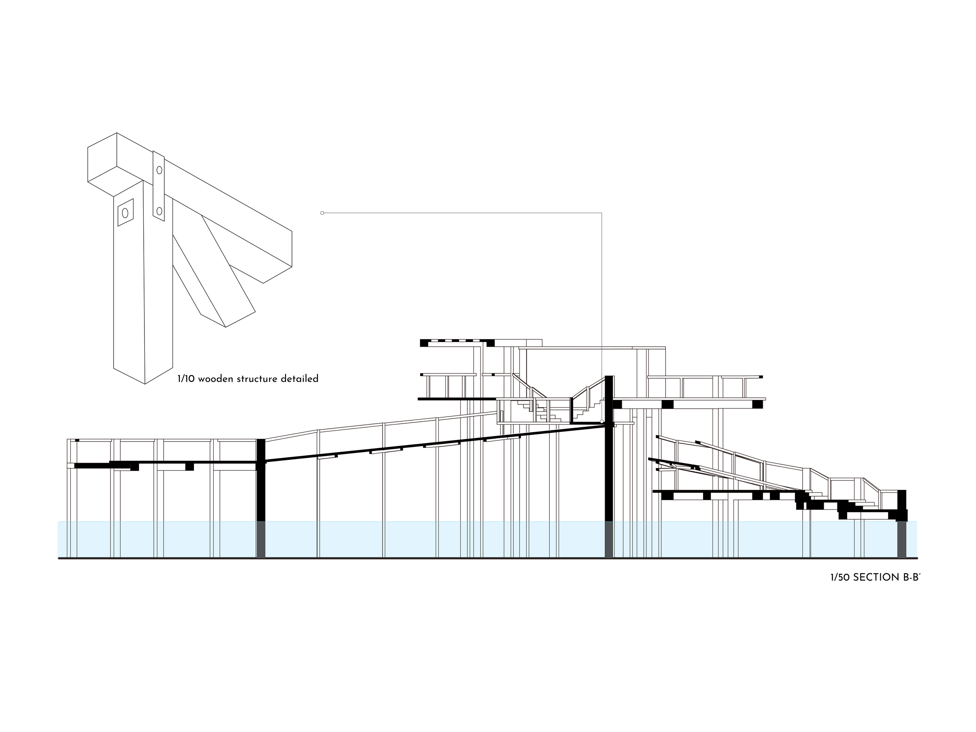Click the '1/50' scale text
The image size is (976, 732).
tap(840, 577)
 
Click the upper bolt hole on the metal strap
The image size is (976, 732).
tap(159, 170)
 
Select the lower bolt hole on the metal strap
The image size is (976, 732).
tap(159, 211)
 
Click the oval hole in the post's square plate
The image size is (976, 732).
tap(125, 213)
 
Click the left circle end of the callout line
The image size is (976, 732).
tap(322, 213)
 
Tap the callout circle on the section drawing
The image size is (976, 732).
tap(602, 421)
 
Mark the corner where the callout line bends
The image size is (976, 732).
tap(602, 213)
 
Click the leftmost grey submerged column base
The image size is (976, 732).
tap(261, 540)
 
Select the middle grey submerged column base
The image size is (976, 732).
tap(609, 540)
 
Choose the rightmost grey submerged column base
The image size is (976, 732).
tap(901, 540)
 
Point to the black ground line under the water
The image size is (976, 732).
tap(485, 558)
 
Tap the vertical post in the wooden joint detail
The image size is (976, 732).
tap(129, 287)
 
